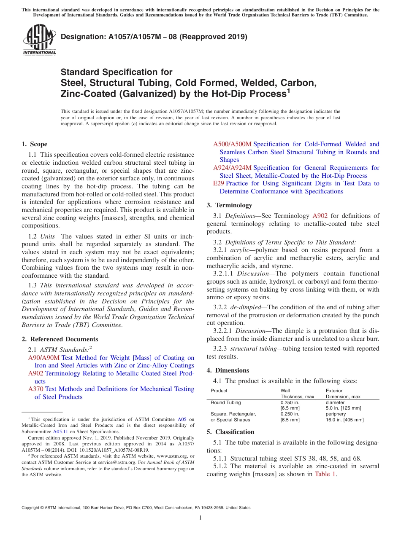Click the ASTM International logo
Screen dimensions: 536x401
point(39,40)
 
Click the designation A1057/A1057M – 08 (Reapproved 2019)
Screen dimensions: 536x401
point(154,37)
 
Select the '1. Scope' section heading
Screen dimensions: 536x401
point(35,144)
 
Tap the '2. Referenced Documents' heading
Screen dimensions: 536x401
point(60,339)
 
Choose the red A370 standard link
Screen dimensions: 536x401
point(35,389)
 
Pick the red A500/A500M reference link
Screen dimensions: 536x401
point(232,144)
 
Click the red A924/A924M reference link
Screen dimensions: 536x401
point(232,168)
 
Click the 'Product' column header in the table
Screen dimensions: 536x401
point(219,391)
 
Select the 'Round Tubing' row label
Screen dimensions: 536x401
point(226,402)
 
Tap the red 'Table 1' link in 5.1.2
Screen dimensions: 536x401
point(325,474)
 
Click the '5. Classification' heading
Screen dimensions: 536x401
point(230,432)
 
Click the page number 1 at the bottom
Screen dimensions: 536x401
point(200,518)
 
